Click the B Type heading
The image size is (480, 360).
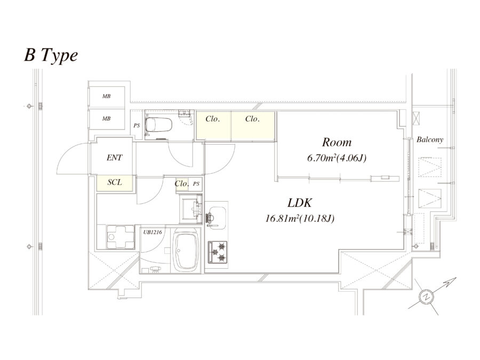pyautogui.click(x=51, y=55)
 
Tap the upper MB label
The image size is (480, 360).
pyautogui.click(x=106, y=97)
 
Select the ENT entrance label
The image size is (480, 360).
pyautogui.click(x=114, y=158)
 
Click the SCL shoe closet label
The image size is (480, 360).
pyautogui.click(x=115, y=182)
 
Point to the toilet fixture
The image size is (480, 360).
pyautogui.click(x=158, y=125)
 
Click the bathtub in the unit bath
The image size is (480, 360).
pyautogui.click(x=185, y=251)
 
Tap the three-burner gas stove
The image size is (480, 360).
pyautogui.click(x=218, y=252)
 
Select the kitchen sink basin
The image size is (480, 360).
pyautogui.click(x=217, y=216)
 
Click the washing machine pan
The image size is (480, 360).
pyautogui.click(x=121, y=237)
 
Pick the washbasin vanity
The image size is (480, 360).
pyautogui.click(x=191, y=209)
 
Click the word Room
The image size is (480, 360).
pyautogui.click(x=337, y=142)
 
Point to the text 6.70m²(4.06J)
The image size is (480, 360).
pyautogui.click(x=337, y=158)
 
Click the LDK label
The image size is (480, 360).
pyautogui.click(x=300, y=203)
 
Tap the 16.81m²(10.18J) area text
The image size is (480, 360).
pyautogui.click(x=300, y=219)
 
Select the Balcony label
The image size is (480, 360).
pyautogui.click(x=430, y=140)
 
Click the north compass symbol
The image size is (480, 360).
pyautogui.click(x=427, y=296)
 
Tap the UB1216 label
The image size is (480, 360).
pyautogui.click(x=153, y=232)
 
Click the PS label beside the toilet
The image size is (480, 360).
pyautogui.click(x=137, y=125)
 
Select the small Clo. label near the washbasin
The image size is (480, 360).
pyautogui.click(x=181, y=183)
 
